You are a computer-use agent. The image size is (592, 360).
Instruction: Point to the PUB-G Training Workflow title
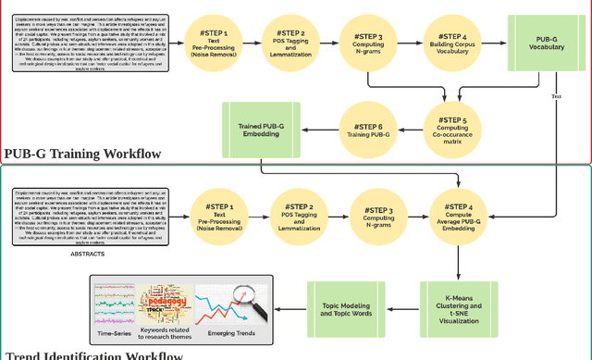(82, 154)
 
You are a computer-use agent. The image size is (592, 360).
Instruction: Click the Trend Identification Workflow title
(93, 355)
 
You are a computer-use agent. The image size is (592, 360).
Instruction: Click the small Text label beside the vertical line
(556, 95)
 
